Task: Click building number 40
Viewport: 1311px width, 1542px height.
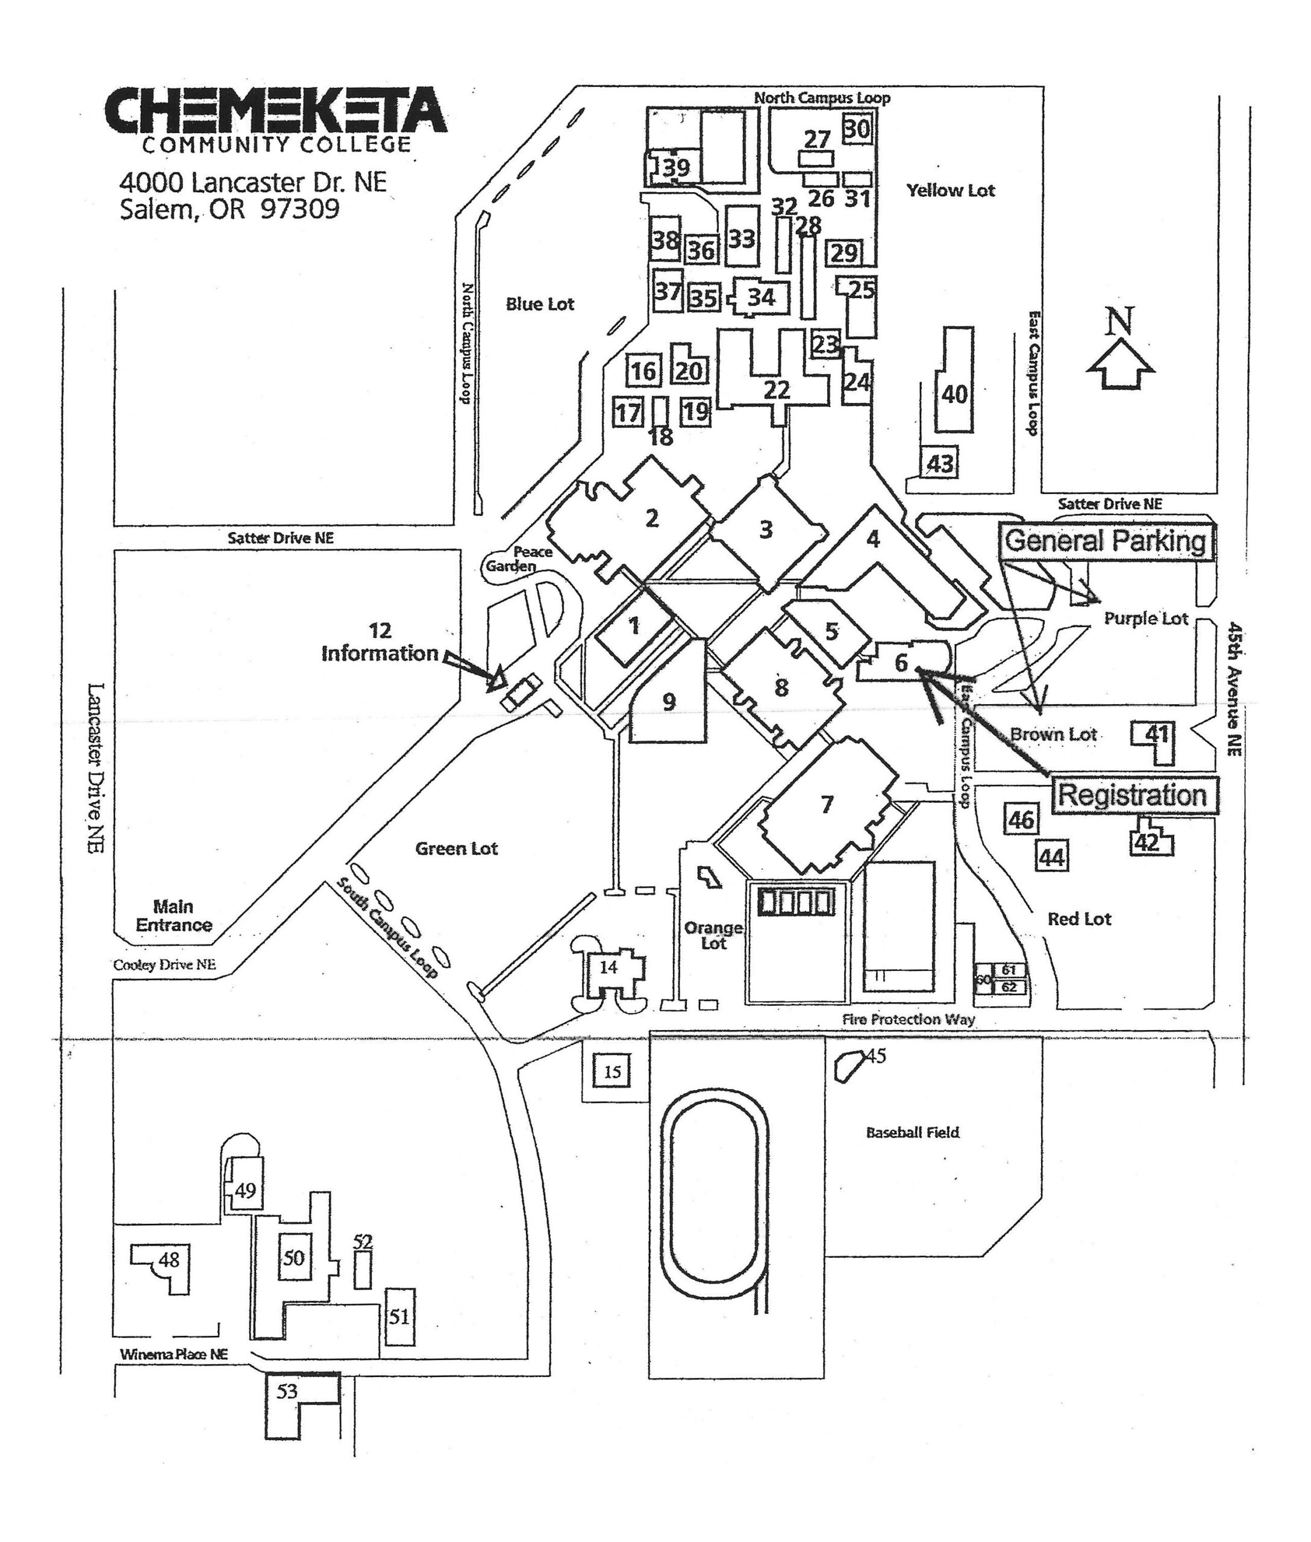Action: coord(954,393)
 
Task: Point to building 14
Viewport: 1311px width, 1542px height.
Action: coord(608,967)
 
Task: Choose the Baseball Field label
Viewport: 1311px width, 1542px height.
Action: coord(912,1132)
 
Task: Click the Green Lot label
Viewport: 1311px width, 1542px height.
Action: coord(455,848)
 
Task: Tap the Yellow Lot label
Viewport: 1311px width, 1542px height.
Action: coord(950,190)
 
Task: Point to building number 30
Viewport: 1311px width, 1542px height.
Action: coord(856,130)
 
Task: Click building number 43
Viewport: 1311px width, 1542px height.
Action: coord(939,464)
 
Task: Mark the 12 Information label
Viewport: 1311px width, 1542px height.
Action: coord(379,642)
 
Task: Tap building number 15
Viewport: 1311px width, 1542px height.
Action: coord(612,1072)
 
